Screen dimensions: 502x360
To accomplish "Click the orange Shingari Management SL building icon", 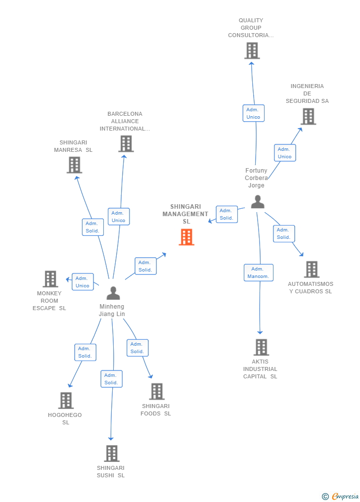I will click(x=186, y=237).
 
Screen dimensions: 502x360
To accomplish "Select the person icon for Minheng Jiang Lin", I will click(x=113, y=293).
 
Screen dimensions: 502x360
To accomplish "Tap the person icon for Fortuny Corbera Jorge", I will click(x=258, y=202).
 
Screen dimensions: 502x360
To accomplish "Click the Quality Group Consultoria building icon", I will click(x=252, y=50).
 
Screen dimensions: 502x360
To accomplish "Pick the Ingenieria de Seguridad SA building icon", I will click(x=308, y=116).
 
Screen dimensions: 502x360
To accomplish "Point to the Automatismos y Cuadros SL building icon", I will click(x=312, y=270).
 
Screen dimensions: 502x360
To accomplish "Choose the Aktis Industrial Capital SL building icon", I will click(x=261, y=347).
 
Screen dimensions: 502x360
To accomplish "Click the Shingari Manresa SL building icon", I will click(x=74, y=165).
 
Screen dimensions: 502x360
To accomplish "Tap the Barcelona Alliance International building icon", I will click(x=126, y=144).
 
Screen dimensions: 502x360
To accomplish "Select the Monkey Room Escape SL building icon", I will click(x=50, y=279).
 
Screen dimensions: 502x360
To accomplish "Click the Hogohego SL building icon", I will click(x=66, y=401).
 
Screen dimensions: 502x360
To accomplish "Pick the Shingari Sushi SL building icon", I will click(x=112, y=454).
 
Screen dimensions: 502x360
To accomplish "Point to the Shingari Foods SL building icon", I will click(x=157, y=392).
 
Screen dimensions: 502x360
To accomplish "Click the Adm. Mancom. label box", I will click(x=258, y=273).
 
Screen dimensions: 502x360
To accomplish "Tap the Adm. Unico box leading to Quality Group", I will click(x=253, y=113).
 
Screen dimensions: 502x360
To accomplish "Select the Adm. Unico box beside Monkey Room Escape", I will click(x=83, y=282).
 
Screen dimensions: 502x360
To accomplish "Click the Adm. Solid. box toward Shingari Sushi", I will click(x=111, y=379).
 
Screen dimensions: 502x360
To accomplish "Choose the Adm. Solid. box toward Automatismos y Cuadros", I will click(x=284, y=233).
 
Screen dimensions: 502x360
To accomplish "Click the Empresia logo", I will click(x=341, y=496).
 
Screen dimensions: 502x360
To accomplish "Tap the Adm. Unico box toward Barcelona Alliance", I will click(x=119, y=217).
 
